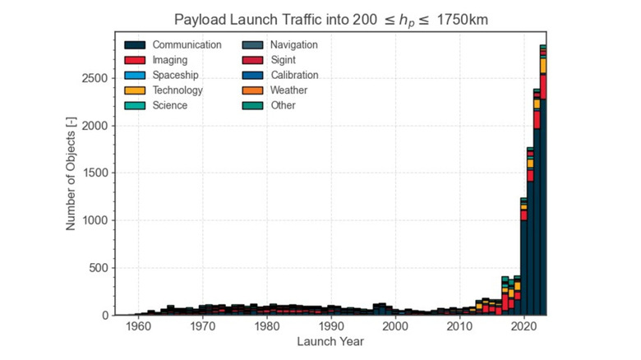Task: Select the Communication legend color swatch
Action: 135,44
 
